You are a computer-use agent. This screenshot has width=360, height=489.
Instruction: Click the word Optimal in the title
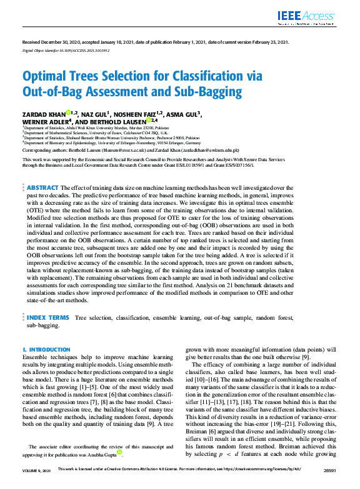coord(46,77)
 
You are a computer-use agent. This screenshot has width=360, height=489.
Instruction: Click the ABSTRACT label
coord(42,187)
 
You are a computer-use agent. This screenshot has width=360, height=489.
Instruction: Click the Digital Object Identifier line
coord(66,49)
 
